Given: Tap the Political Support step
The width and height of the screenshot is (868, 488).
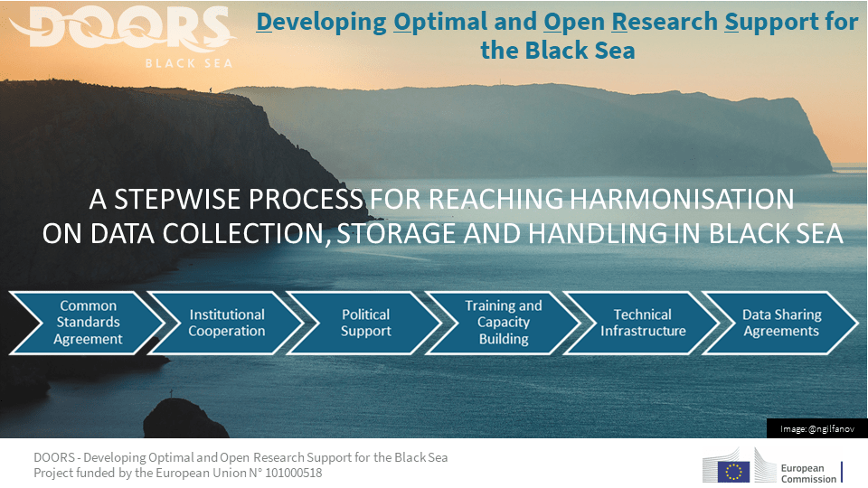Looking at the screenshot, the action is pyautogui.click(x=364, y=323).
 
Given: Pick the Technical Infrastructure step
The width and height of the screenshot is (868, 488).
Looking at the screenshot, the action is pyautogui.click(x=642, y=323).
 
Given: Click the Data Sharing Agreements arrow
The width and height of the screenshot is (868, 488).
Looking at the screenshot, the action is pyautogui.click(x=780, y=323).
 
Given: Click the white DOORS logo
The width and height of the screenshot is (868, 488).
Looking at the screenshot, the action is pyautogui.click(x=123, y=28).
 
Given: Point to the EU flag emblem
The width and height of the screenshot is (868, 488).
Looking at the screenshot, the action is pyautogui.click(x=733, y=472).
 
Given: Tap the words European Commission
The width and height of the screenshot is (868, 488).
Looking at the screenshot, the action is pyautogui.click(x=808, y=474).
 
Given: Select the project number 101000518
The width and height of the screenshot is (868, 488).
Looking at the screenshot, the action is pyautogui.click(x=293, y=473).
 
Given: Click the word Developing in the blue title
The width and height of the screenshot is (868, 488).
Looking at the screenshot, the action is pyautogui.click(x=321, y=23).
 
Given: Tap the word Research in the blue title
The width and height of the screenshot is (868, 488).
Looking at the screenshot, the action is pyautogui.click(x=665, y=22).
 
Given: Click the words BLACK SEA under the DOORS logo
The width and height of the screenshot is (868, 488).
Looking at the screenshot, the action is pyautogui.click(x=189, y=63).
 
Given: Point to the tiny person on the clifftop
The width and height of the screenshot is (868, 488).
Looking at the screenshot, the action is pyautogui.click(x=211, y=89).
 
